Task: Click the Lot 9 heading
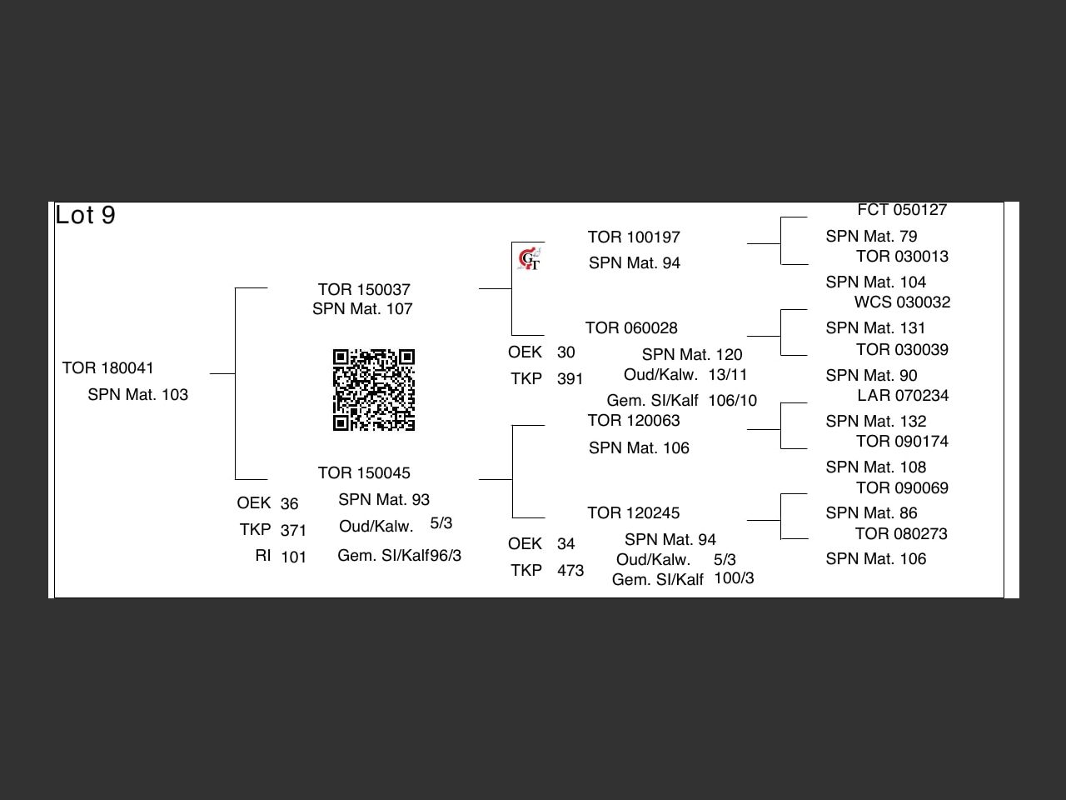click(x=86, y=215)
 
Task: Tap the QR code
click(x=374, y=390)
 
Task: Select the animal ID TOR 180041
click(x=108, y=367)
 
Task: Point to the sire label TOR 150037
click(x=364, y=289)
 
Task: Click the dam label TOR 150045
click(x=364, y=472)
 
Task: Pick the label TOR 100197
click(x=634, y=237)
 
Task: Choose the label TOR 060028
click(x=631, y=327)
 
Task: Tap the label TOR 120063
click(x=634, y=420)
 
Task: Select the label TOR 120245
click(x=634, y=512)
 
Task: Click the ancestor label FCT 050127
click(x=902, y=210)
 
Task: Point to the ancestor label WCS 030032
click(x=902, y=302)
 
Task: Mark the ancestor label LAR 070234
click(x=903, y=395)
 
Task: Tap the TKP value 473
click(x=570, y=570)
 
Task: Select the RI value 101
click(x=293, y=557)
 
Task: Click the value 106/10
click(x=733, y=400)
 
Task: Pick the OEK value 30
click(x=566, y=352)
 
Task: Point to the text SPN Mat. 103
click(x=138, y=394)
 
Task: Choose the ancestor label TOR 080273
click(x=901, y=533)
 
